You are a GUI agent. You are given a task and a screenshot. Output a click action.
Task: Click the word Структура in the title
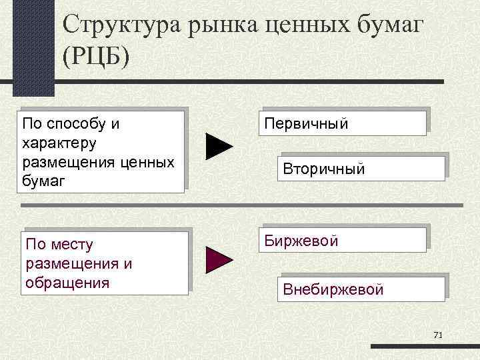click(x=125, y=26)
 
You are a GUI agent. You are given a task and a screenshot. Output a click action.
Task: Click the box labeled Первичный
click(x=344, y=124)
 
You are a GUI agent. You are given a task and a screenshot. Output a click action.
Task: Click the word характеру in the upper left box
click(x=59, y=142)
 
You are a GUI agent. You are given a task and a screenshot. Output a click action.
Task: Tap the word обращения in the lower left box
click(x=67, y=282)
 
